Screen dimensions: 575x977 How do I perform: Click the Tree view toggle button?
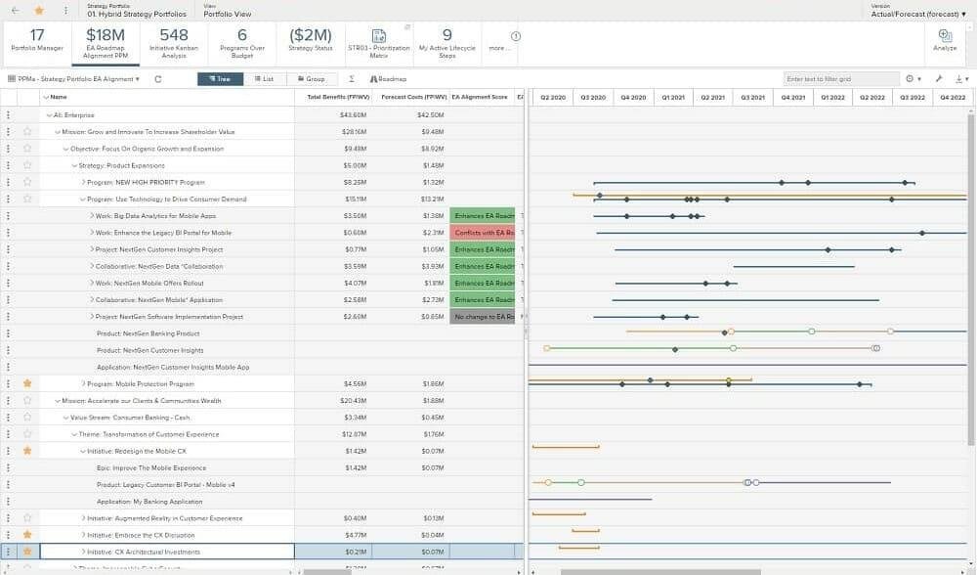220,78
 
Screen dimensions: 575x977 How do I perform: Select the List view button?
264,78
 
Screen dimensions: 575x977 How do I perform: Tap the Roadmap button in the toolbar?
390,78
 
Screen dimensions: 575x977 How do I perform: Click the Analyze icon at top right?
945,39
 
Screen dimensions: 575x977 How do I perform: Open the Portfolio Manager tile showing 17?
37,40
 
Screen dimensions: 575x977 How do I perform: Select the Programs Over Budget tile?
241,40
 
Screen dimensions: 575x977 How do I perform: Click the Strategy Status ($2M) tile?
312,40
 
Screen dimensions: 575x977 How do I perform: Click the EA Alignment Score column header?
480,97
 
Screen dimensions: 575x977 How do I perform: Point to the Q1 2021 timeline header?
673,97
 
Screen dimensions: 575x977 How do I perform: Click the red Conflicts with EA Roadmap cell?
483,233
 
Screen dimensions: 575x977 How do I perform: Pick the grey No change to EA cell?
483,317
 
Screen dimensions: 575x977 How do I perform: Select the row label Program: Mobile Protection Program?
141,384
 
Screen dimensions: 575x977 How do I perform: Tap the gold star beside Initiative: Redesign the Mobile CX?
27,451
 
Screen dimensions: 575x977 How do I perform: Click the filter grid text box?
840,78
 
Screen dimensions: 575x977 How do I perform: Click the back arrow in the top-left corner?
15,10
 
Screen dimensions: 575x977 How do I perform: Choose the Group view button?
310,78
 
